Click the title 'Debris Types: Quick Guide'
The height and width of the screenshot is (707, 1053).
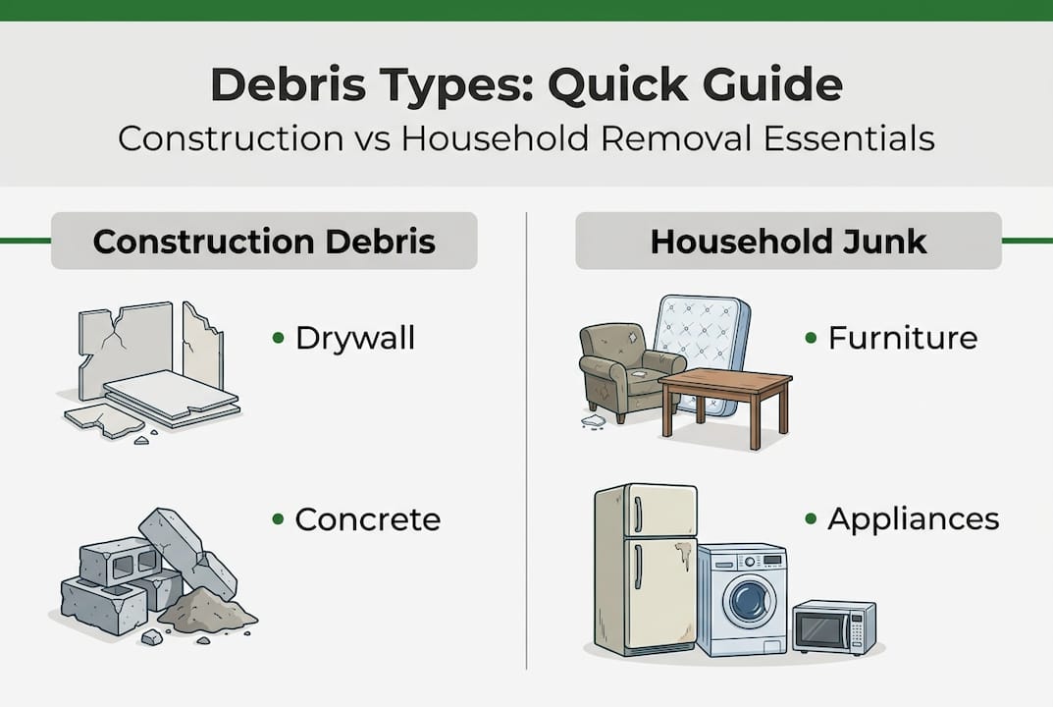click(526, 86)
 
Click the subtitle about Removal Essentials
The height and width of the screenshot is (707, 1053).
click(526, 137)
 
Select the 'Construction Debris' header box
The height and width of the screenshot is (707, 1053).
click(264, 241)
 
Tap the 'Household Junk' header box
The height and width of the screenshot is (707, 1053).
click(788, 241)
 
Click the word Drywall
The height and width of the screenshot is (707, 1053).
click(355, 339)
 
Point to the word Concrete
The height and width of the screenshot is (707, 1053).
click(367, 519)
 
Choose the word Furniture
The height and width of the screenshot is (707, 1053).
click(903, 339)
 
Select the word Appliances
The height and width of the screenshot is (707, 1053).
click(913, 519)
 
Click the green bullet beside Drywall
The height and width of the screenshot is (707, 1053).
click(278, 339)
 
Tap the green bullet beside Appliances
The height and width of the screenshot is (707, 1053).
click(811, 519)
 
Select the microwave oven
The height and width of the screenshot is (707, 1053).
click(833, 626)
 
